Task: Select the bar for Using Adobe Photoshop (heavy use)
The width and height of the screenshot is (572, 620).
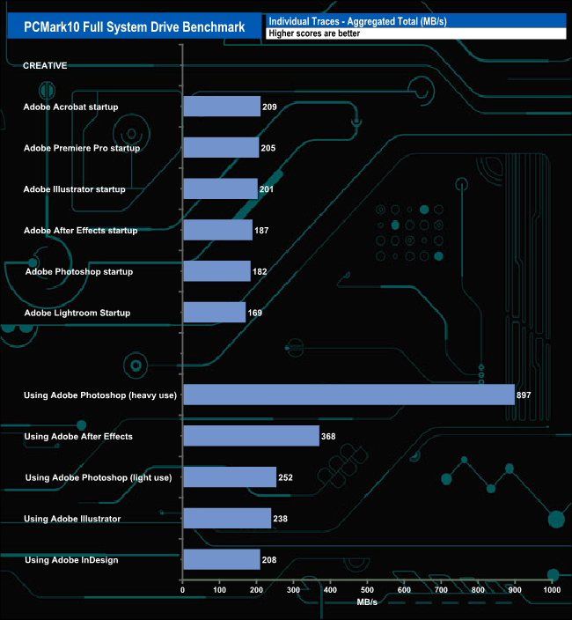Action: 348,395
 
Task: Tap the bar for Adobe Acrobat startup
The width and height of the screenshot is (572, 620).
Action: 222,107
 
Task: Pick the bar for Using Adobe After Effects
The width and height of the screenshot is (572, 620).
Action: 251,436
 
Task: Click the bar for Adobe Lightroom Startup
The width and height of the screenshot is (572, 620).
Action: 214,313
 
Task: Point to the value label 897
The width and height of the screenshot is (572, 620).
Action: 524,395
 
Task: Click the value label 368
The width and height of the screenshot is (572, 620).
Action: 329,437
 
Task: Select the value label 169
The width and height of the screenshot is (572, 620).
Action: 255,313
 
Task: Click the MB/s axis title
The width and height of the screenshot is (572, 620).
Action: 367,603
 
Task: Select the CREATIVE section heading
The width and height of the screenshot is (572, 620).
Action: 45,66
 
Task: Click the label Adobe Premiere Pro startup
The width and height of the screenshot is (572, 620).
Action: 82,148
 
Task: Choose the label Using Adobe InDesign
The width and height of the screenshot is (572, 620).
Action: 71,560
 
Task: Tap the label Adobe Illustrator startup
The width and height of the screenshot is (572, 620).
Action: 75,189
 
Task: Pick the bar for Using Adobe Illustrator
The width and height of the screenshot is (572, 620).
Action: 226,519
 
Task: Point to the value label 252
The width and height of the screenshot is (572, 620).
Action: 284,478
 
